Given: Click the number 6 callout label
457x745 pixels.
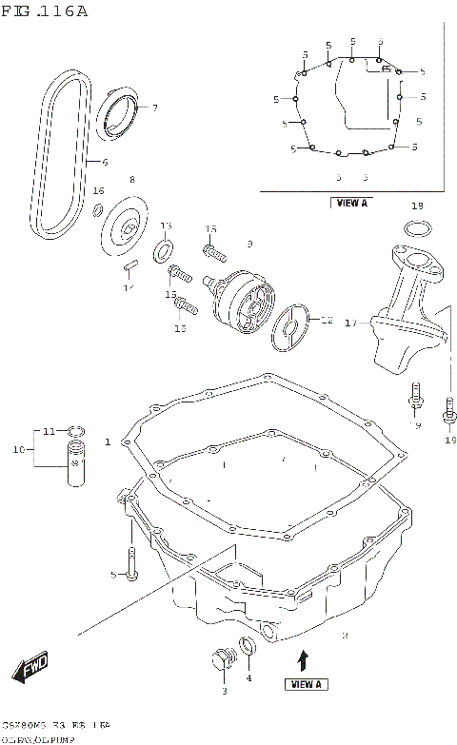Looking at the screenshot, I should (x=105, y=163).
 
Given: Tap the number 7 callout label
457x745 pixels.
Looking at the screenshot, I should (x=154, y=108).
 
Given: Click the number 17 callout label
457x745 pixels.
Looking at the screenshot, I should (x=349, y=323).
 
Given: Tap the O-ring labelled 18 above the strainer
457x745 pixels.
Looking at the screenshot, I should (x=416, y=228).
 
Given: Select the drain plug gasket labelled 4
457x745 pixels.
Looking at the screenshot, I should (x=249, y=648).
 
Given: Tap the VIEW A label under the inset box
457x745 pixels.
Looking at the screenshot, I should (x=350, y=203).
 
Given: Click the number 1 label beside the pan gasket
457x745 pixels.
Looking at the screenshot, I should (x=109, y=441).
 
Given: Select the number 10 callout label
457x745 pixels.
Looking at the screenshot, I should (x=17, y=449).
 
